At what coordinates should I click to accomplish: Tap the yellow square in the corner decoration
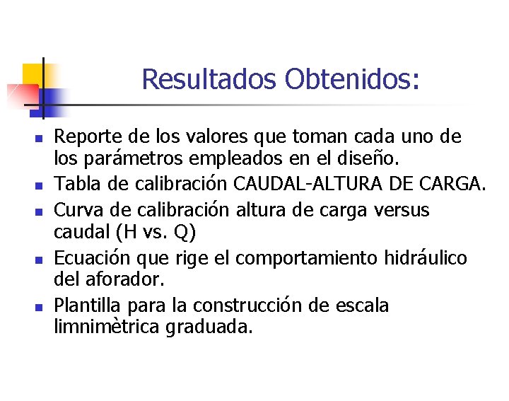coord(32,74)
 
